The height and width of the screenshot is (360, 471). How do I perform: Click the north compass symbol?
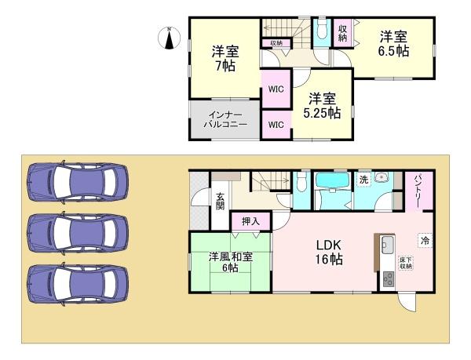click(171, 37)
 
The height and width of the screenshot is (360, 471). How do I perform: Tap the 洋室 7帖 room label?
click(224, 59)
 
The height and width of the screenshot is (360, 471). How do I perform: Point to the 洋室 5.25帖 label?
click(323, 106)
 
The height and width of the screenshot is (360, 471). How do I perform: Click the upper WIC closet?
click(276, 89)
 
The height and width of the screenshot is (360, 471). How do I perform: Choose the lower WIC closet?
click(276, 125)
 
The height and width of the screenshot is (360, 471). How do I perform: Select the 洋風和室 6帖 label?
click(230, 263)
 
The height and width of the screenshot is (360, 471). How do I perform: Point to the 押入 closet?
click(251, 221)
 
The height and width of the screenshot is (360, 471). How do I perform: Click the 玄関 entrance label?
click(221, 201)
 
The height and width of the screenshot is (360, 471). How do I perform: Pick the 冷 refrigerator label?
click(425, 241)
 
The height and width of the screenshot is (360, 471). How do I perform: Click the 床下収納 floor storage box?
click(406, 262)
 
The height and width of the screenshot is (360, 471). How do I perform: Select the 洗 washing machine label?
click(363, 180)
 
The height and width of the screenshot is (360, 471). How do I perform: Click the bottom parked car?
click(76, 281)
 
